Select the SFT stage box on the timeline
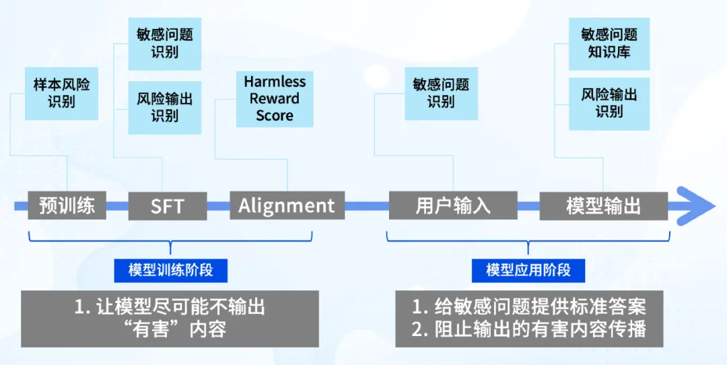coord(167,206)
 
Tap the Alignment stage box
coord(287,205)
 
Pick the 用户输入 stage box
coord(453,205)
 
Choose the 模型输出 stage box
coord(603,205)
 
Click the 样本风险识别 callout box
coord(61,94)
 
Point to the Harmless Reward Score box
coord(275,98)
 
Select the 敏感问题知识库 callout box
coord(609,43)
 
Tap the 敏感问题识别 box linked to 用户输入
coord(441,94)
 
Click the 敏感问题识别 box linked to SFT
coord(164,43)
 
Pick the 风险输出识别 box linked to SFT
coord(164,107)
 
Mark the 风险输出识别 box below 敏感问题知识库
coord(609,103)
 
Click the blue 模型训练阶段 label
coord(171,270)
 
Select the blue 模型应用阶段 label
coord(528,270)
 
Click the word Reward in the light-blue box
coord(275,98)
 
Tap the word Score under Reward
coord(275,115)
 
